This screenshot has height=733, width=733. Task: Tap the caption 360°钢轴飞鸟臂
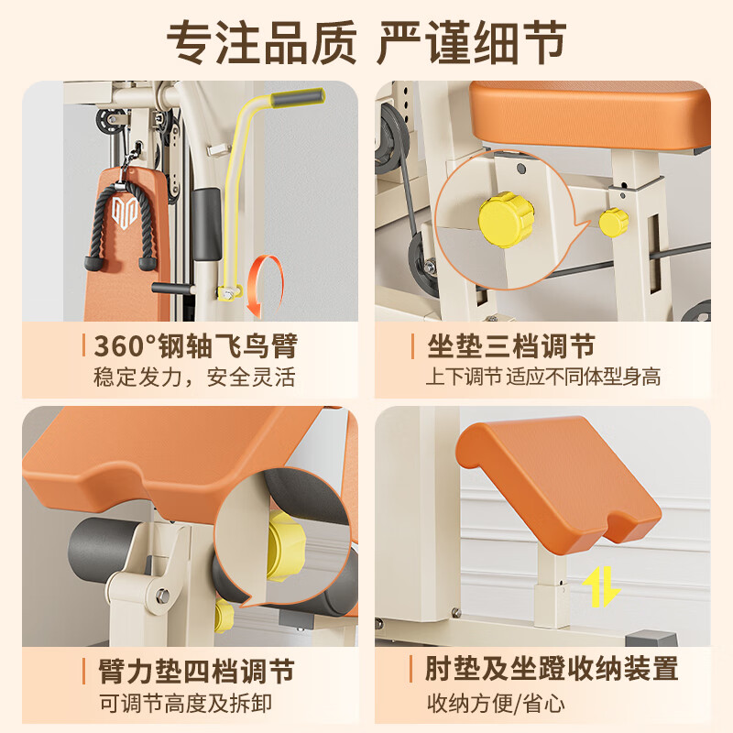pyautogui.click(x=196, y=346)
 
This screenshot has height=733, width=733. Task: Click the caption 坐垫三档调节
pyautogui.click(x=511, y=346)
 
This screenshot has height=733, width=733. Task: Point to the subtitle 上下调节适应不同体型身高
pyautogui.click(x=543, y=377)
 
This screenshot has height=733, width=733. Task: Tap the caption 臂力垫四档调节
pyautogui.click(x=196, y=672)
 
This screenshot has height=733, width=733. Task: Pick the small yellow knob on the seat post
pyautogui.click(x=613, y=223)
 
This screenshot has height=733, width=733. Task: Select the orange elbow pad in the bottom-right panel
pyautogui.click(x=559, y=486)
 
